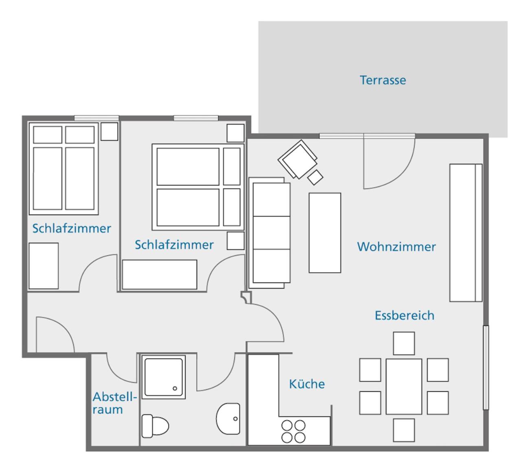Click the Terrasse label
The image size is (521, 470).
tap(383, 80)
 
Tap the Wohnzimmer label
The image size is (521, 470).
tap(396, 247)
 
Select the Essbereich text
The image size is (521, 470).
tap(404, 315)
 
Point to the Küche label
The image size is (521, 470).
tap(307, 384)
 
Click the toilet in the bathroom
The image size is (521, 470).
tap(155, 426)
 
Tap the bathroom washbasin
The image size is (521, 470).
tap(228, 419)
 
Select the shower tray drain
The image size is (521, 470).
tap(175, 389)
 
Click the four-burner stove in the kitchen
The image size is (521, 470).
tap(293, 431)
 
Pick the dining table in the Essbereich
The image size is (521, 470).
tap(404, 387)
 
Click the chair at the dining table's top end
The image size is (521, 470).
tap(404, 343)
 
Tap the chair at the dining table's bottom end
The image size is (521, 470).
tap(404, 430)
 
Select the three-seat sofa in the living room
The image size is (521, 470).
tap(269, 233)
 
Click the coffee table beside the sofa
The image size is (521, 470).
tap(325, 233)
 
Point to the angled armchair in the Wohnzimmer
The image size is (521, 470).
tap(298, 159)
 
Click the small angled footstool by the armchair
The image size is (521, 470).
tap(315, 177)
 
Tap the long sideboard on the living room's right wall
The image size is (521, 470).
tap(466, 233)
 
